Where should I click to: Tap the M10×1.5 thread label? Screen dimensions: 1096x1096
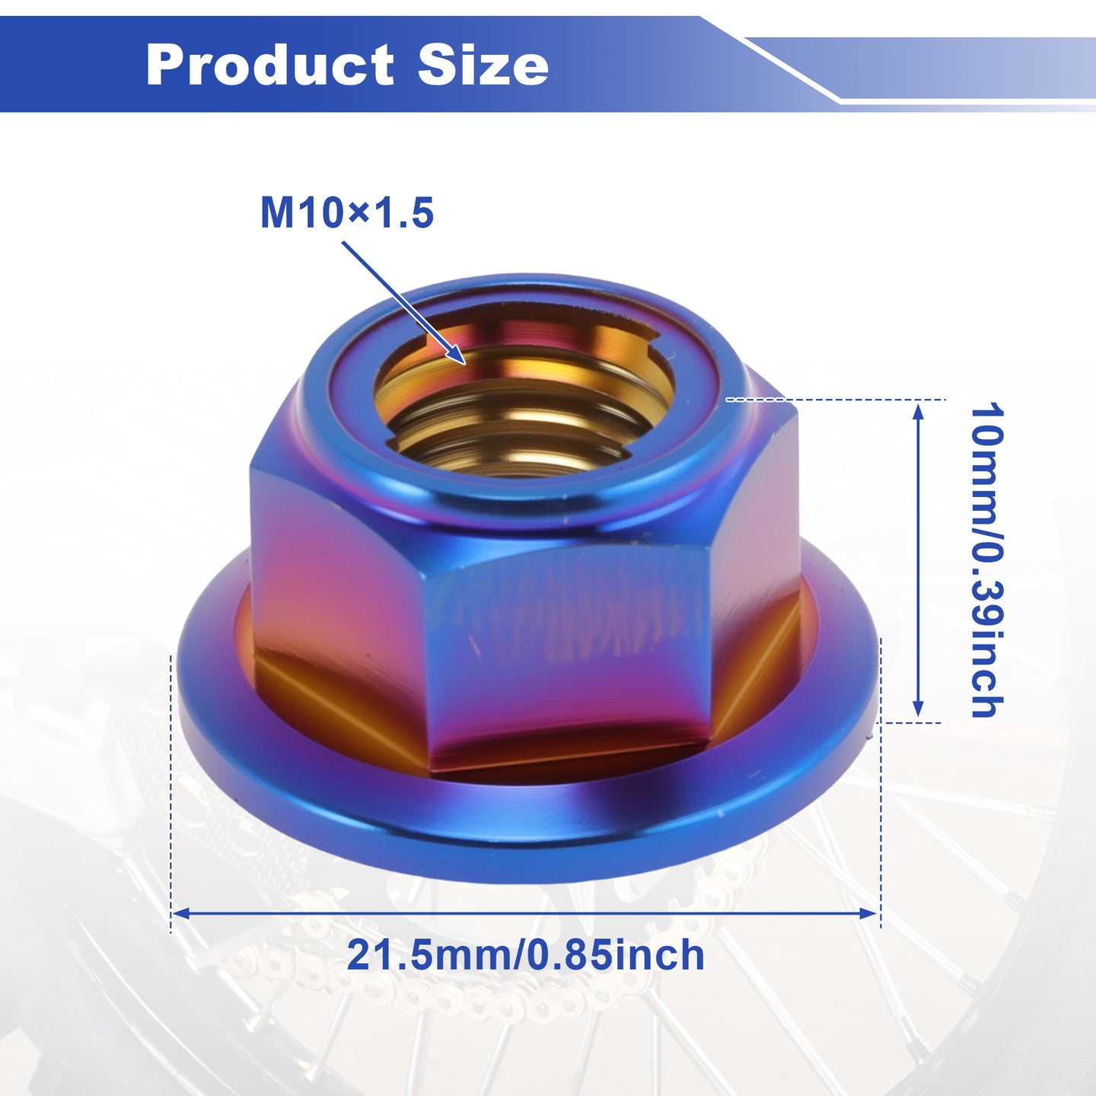coord(347,213)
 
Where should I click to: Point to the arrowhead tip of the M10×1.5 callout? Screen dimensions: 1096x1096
coord(465,364)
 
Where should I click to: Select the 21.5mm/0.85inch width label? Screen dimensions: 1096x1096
coord(525,955)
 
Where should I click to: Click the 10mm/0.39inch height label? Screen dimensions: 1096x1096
coord(987,560)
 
